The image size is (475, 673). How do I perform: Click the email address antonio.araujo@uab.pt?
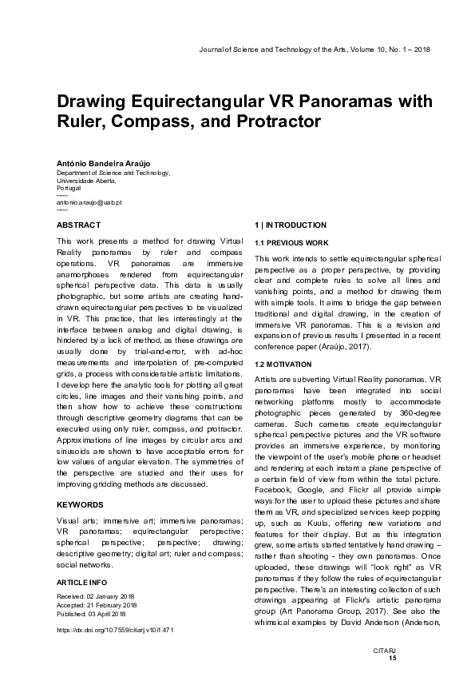pos(88,203)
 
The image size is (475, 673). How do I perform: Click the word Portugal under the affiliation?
pos(69,188)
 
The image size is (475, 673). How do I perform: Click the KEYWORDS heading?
pos(80,483)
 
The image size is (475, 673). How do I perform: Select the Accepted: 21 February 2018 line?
pos(97,605)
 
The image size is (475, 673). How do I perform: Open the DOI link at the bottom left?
pos(115,630)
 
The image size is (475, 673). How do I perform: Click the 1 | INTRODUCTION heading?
pos(290,225)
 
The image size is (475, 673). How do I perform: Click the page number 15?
pos(391,658)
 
